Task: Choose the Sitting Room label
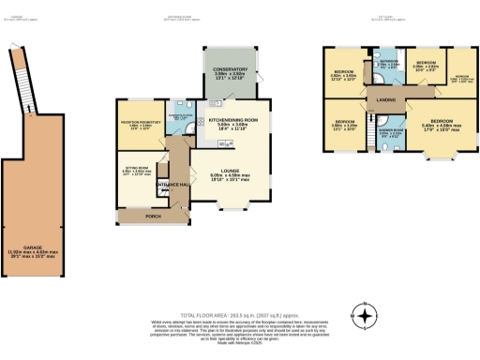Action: tap(134, 172)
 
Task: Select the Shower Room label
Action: tap(388, 133)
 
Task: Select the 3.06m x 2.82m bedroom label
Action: tap(427, 65)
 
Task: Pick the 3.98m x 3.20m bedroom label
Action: tap(345, 125)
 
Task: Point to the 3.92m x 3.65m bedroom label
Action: tap(344, 74)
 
